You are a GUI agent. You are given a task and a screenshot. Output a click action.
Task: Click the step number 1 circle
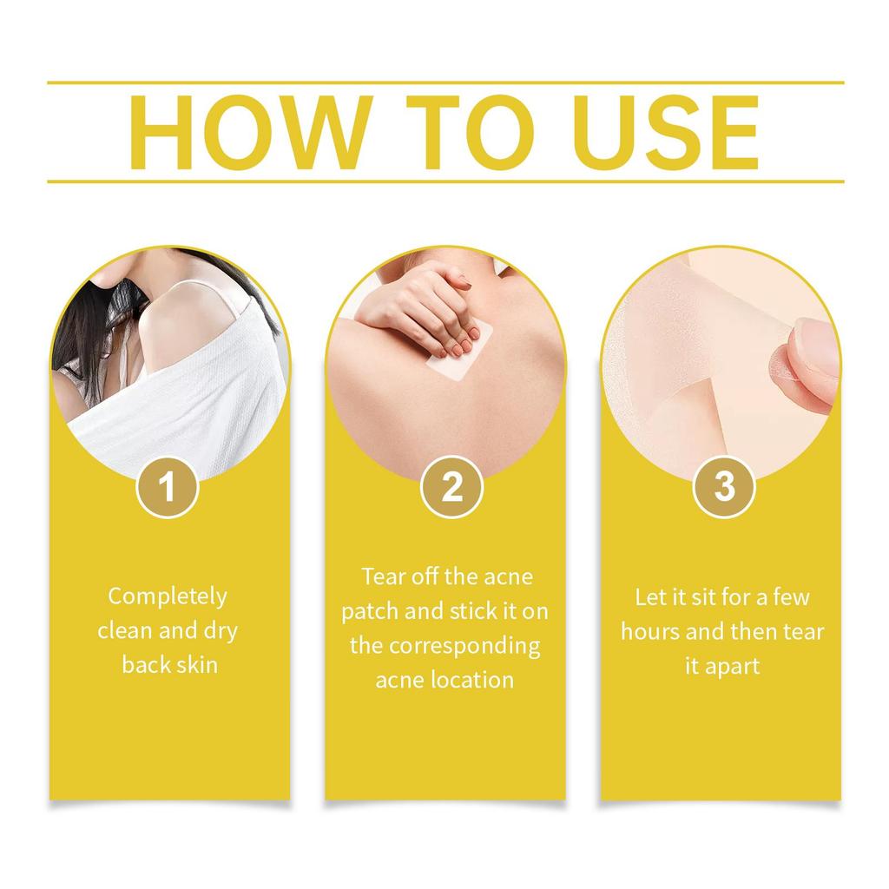pos(168,487)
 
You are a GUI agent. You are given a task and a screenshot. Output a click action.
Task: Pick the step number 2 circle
pos(451,487)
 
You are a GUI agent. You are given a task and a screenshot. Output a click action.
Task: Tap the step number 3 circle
pos(723,487)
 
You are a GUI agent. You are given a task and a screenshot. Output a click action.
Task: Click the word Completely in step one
pos(168,596)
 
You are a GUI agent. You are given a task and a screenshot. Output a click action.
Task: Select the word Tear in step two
pos(382,576)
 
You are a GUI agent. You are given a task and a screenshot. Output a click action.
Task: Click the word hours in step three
pos(650,632)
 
